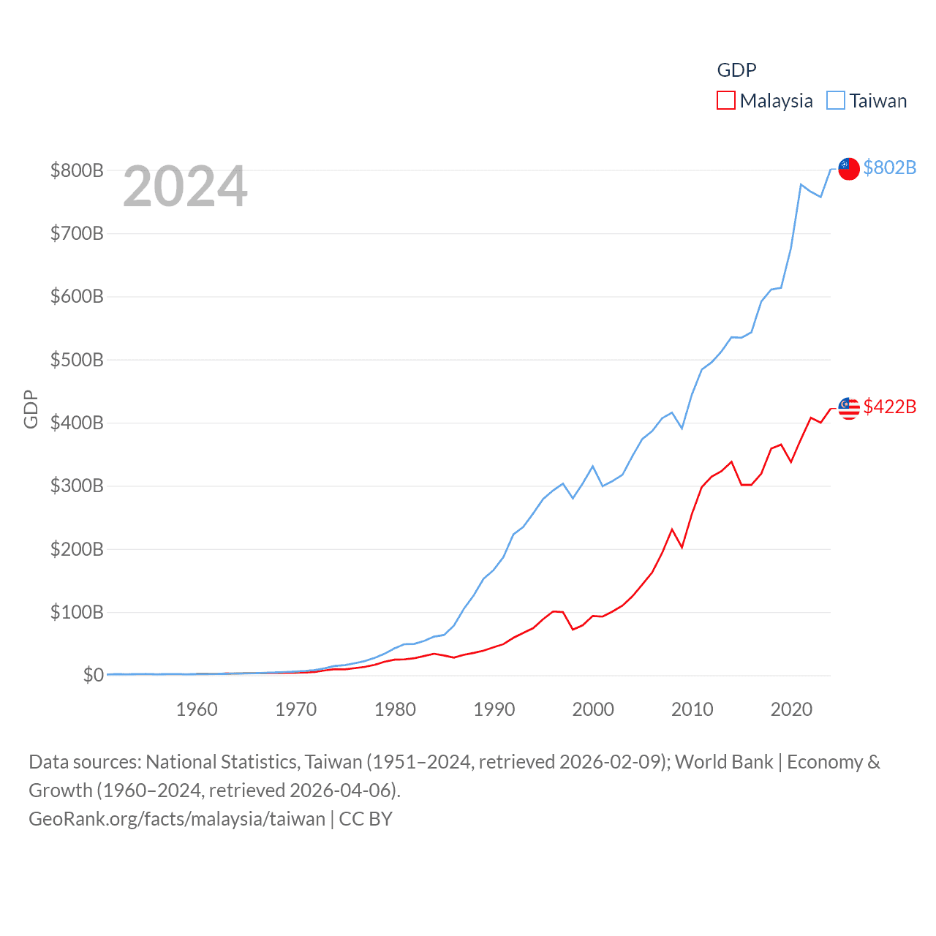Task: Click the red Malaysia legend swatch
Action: point(725,100)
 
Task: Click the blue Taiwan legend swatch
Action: point(835,100)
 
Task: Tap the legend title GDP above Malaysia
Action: point(736,70)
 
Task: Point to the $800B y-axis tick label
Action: point(77,170)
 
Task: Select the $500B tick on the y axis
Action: point(77,360)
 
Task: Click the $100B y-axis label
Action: point(77,612)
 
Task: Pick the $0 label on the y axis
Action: point(93,675)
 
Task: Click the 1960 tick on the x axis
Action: point(197,709)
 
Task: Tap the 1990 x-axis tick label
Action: point(494,709)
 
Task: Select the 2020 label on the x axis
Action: point(791,709)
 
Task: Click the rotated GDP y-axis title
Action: point(31,409)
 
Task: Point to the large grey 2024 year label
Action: point(185,186)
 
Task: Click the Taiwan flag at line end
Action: point(848,168)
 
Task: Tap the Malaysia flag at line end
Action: point(848,408)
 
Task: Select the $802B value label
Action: point(889,167)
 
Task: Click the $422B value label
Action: point(889,407)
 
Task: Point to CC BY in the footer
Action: point(366,818)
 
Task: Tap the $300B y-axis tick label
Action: point(77,486)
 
